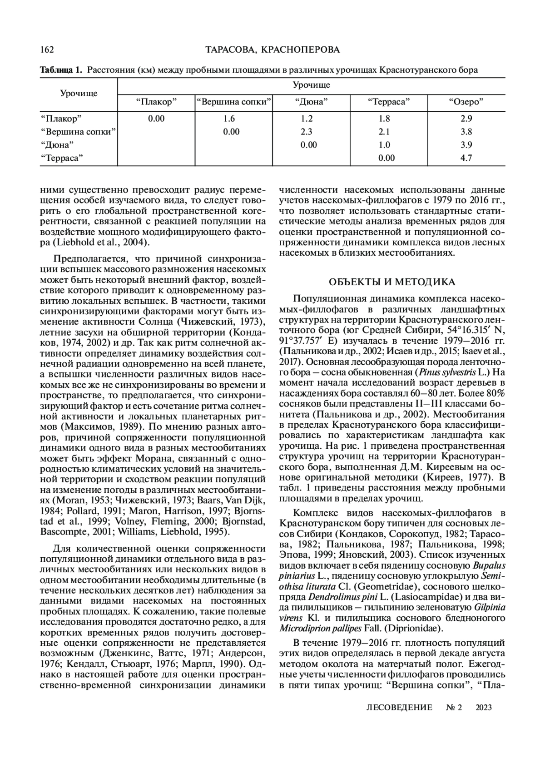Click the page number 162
tap(47, 49)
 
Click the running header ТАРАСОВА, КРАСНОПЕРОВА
tap(272, 49)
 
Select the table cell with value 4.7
tap(466, 158)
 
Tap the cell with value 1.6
tap(229, 119)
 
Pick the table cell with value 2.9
tap(466, 119)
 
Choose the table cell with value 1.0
tap(384, 145)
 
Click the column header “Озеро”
tap(466, 102)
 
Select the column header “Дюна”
tap(311, 102)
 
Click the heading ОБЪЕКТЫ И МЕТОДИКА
tap(391, 282)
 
